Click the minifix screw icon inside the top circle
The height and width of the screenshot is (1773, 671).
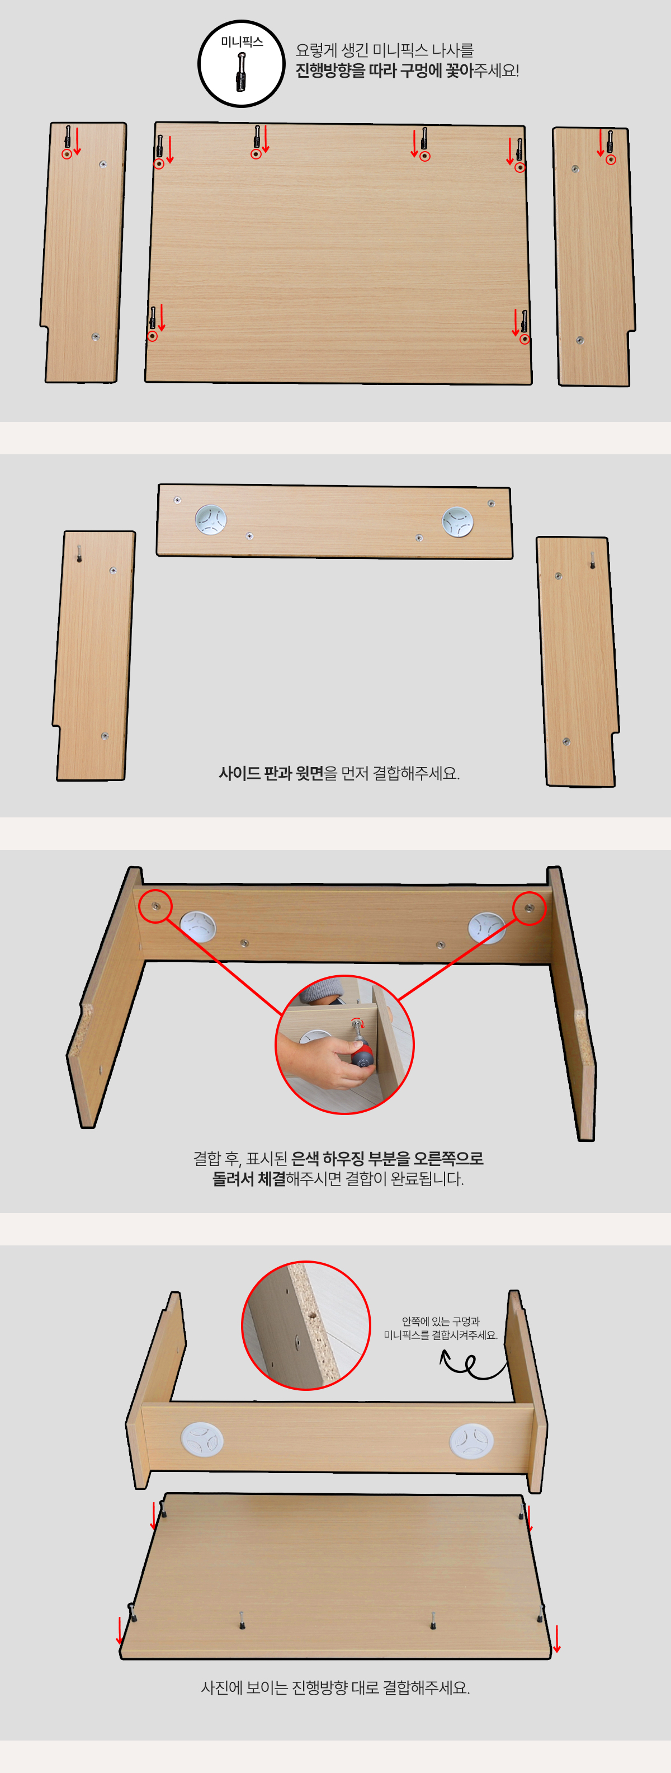coord(242,72)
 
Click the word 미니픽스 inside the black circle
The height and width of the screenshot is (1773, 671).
coord(242,42)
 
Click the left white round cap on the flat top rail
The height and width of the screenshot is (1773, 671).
coord(211,520)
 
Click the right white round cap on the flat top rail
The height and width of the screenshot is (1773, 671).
coord(457,521)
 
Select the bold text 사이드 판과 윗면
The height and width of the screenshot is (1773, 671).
coord(271,773)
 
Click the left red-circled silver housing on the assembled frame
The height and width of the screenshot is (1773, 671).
coord(155,906)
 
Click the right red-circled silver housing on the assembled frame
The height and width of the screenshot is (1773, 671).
coord(528,909)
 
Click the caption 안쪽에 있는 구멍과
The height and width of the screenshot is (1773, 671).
coord(441,1321)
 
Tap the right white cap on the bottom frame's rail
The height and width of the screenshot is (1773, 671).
coord(471,1441)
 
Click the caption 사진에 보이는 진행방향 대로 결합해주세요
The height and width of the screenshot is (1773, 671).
coord(335,1687)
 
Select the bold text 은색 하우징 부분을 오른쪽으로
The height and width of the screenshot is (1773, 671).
coord(388,1158)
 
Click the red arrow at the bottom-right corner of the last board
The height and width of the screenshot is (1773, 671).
coord(557,1638)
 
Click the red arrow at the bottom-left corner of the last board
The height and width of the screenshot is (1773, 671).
coord(119,1630)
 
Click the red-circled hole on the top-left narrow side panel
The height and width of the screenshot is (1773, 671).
coord(67,154)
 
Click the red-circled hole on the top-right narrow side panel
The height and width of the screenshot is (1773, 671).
coord(611,159)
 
